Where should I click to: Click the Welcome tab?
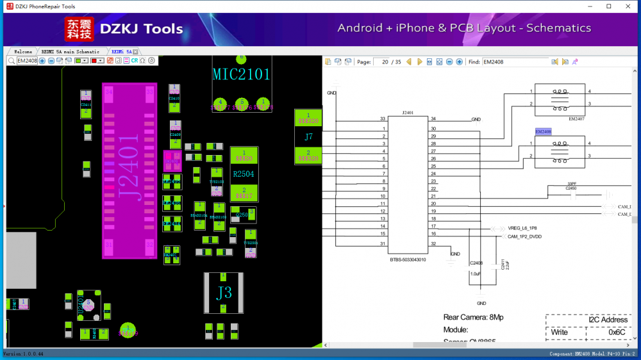point(22,51)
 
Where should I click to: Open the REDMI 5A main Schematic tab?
point(70,51)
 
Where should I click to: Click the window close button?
point(628,6)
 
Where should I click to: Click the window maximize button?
point(608,6)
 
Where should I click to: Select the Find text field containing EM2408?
point(515,61)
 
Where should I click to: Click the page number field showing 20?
point(385,61)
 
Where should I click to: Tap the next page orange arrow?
point(420,61)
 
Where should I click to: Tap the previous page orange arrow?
point(409,61)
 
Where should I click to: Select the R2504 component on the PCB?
point(244,174)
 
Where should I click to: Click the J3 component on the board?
point(224,293)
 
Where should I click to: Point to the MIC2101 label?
point(242,74)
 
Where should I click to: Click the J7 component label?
point(308,136)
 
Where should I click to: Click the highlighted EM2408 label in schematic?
point(543,131)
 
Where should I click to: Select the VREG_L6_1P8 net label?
point(522,228)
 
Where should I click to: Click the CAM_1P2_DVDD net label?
point(524,236)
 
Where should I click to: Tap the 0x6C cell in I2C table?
point(617,332)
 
